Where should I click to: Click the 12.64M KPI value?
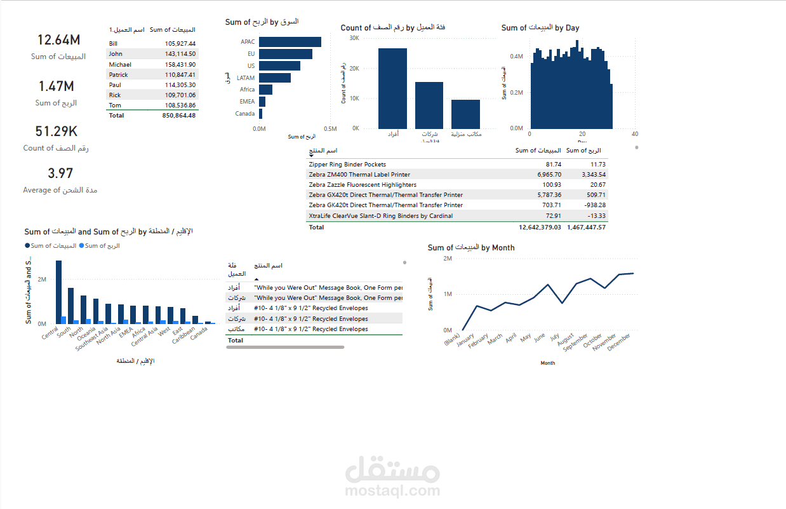pyautogui.click(x=58, y=40)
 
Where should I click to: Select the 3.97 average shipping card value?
pyautogui.click(x=60, y=173)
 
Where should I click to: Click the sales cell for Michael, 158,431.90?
pyautogui.click(x=179, y=64)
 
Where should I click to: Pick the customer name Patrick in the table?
pyautogui.click(x=119, y=74)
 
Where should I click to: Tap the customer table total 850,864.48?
pyautogui.click(x=179, y=116)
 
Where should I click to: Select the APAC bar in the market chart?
pyautogui.click(x=290, y=42)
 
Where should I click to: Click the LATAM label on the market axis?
pyautogui.click(x=246, y=78)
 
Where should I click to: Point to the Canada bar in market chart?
pyautogui.click(x=260, y=114)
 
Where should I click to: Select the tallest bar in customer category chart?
pyautogui.click(x=392, y=88)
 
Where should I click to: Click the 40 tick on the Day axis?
pyautogui.click(x=634, y=134)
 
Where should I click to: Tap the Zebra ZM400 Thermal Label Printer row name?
pyautogui.click(x=359, y=174)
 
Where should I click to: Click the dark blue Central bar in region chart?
pyautogui.click(x=58, y=292)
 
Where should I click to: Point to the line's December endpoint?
pyautogui.click(x=633, y=273)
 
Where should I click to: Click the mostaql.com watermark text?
pyautogui.click(x=392, y=491)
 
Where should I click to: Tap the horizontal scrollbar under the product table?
pyautogui.click(x=285, y=348)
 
